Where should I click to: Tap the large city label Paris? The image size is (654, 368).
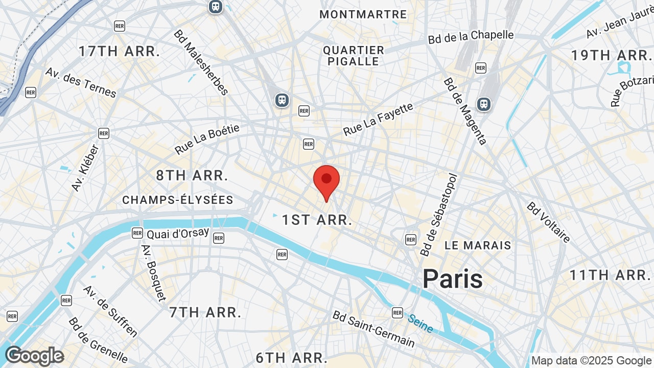pyautogui.click(x=452, y=279)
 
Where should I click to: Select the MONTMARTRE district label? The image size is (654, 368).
pyautogui.click(x=363, y=14)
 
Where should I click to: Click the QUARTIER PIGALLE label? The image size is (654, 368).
pyautogui.click(x=354, y=56)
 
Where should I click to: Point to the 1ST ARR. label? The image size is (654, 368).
pyautogui.click(x=317, y=220)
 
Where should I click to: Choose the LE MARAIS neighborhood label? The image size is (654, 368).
pyautogui.click(x=478, y=245)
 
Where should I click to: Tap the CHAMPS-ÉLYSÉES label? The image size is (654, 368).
pyautogui.click(x=178, y=200)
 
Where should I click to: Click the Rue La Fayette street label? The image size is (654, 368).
pyautogui.click(x=378, y=120)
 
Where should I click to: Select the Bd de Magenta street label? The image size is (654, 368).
pyautogui.click(x=465, y=111)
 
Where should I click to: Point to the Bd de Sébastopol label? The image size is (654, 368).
pyautogui.click(x=438, y=215)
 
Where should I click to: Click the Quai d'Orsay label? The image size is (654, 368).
pyautogui.click(x=178, y=233)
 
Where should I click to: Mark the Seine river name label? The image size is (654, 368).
pyautogui.click(x=421, y=323)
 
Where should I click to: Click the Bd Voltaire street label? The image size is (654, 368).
pyautogui.click(x=548, y=223)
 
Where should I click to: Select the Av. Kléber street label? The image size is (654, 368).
pyautogui.click(x=85, y=168)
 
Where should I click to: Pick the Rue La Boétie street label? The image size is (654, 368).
pyautogui.click(x=207, y=139)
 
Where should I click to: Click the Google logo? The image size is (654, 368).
pyautogui.click(x=34, y=356)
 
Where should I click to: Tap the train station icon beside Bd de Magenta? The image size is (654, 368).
pyautogui.click(x=483, y=104)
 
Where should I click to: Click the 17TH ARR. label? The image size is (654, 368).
pyautogui.click(x=120, y=51)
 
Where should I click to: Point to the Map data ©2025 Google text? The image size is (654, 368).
pyautogui.click(x=591, y=361)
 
